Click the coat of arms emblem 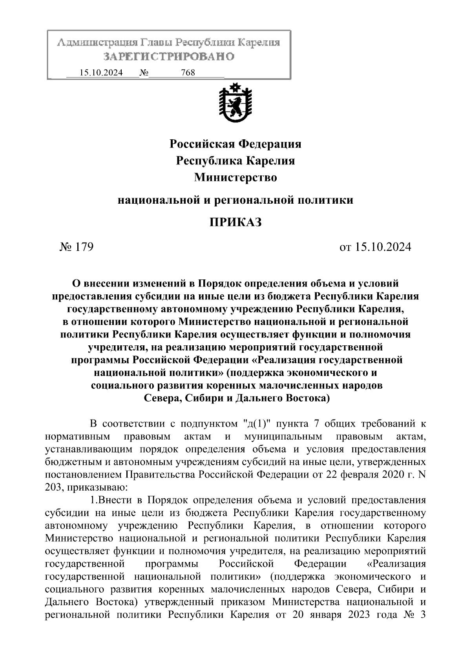point(235,103)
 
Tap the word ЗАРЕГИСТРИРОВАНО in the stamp point(169,57)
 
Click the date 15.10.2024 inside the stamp point(101,73)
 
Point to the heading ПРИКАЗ point(235,223)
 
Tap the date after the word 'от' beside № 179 point(383,247)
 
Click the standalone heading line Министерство point(235,178)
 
